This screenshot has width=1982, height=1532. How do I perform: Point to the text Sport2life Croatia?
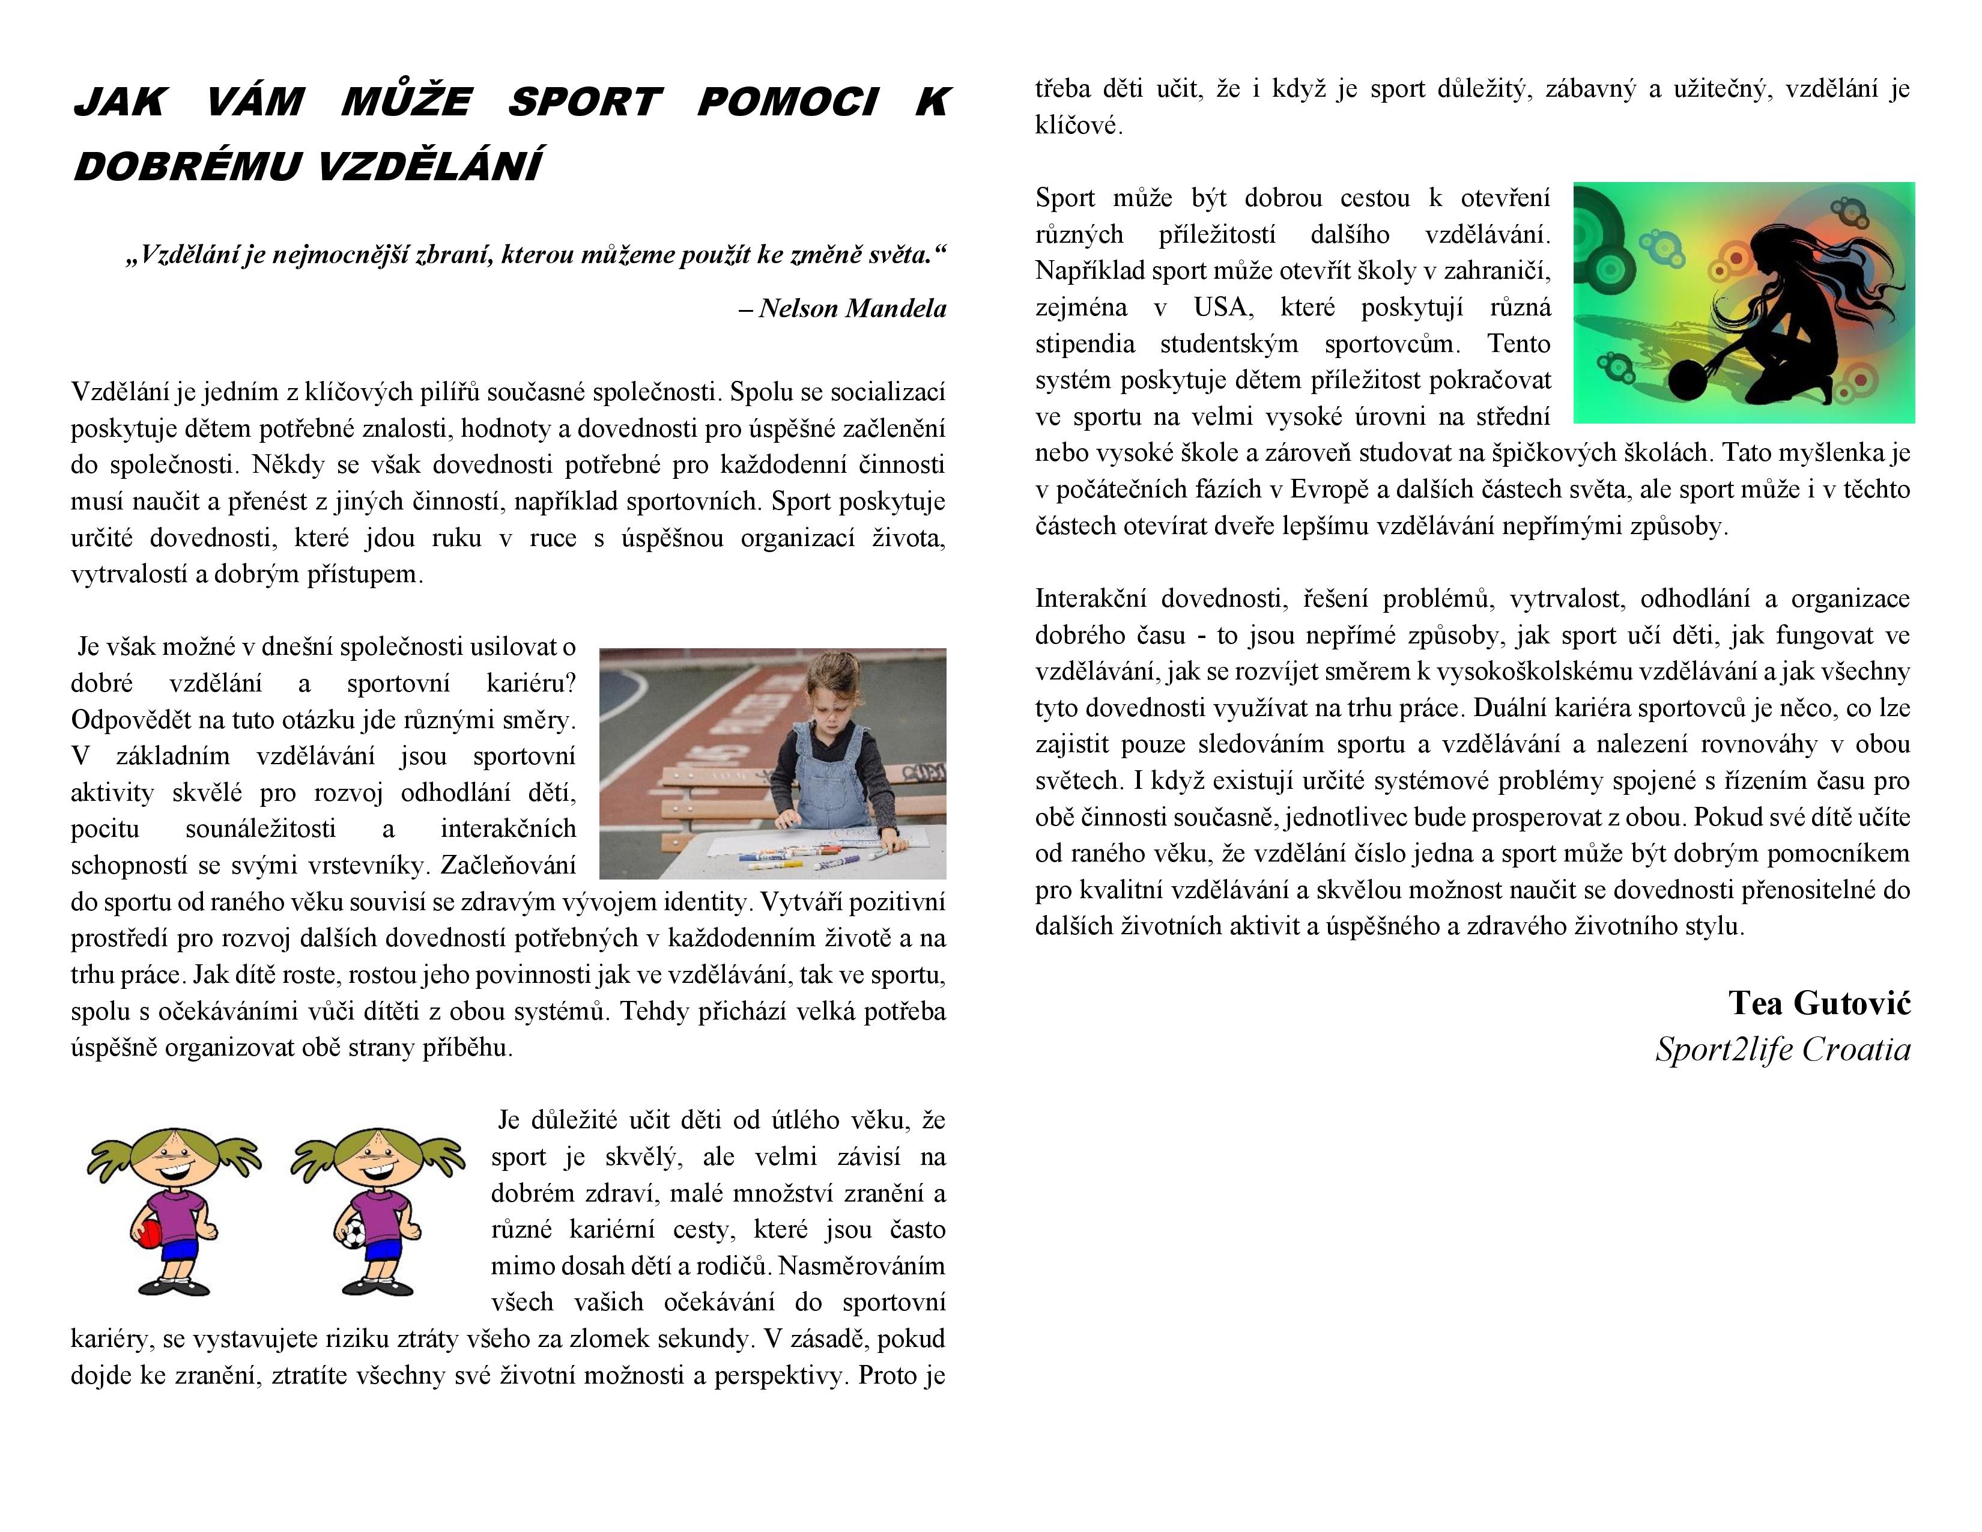pos(1783,1049)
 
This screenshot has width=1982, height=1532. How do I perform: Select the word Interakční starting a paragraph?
pos(1089,599)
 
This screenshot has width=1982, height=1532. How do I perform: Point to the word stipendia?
pos(1085,344)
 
